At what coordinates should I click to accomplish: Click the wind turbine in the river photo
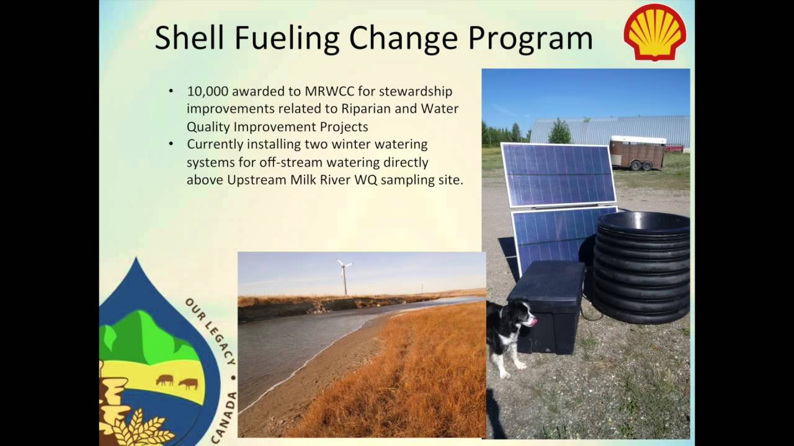[344, 276]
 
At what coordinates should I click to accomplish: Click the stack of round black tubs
[643, 266]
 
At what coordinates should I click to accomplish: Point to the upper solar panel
[558, 174]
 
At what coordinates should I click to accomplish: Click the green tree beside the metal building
[559, 131]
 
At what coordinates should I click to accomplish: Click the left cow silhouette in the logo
[164, 380]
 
